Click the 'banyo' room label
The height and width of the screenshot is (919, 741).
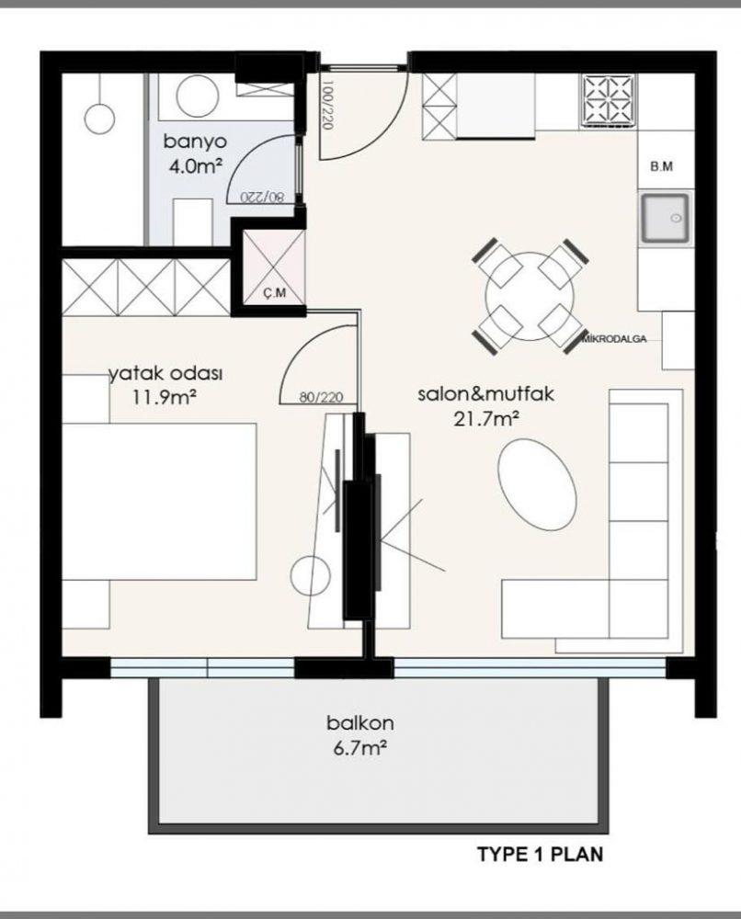pos(195,142)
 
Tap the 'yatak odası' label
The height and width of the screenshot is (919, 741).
pos(165,373)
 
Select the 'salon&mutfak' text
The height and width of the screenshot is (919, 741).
pos(485,393)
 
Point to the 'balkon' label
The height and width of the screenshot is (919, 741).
pos(360,722)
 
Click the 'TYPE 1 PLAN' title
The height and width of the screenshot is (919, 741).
pos(540,854)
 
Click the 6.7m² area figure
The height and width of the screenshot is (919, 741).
pos(360,748)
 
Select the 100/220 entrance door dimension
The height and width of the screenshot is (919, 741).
pos(327,105)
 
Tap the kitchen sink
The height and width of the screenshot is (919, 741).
pos(665,218)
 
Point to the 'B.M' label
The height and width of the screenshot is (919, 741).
pos(661,166)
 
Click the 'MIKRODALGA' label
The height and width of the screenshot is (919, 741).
pos(614,338)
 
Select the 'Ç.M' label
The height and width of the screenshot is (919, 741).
pos(274,292)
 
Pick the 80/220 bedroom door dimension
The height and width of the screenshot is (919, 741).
pos(321,397)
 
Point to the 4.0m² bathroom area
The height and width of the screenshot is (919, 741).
pos(196,166)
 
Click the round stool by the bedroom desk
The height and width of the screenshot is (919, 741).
pos(310,575)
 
